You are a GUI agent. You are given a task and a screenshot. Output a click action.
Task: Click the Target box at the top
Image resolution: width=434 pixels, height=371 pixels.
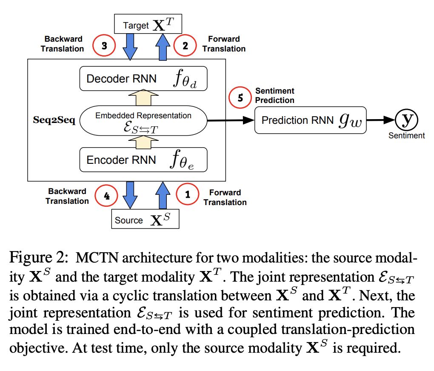(148, 24)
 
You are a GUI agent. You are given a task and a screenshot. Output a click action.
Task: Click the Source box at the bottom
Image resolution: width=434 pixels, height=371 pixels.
(146, 219)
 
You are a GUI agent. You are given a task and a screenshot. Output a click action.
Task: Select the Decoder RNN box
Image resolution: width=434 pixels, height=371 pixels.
(143, 78)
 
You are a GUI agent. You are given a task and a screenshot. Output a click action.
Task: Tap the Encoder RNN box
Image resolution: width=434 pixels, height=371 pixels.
(143, 160)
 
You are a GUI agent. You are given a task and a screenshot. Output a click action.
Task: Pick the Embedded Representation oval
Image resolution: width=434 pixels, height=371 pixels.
(143, 120)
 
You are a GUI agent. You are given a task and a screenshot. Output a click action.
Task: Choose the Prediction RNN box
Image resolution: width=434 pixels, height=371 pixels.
(310, 120)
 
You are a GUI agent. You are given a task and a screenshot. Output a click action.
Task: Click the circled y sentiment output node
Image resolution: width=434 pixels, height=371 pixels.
(406, 120)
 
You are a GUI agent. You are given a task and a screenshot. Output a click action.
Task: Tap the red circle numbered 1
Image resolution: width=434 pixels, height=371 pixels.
(188, 194)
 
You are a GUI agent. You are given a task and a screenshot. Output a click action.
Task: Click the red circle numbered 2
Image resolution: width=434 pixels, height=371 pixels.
(185, 46)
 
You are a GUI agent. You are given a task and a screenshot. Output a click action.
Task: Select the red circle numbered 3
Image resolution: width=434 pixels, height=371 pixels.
(104, 46)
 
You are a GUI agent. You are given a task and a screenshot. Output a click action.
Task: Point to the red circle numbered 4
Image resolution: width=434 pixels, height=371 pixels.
(106, 196)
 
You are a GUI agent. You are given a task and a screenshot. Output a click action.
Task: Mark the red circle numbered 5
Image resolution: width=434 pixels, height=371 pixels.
(240, 97)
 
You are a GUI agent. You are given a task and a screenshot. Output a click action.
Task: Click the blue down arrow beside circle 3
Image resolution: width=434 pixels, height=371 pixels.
(130, 47)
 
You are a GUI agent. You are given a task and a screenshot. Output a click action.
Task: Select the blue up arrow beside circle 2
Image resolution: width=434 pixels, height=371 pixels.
(163, 47)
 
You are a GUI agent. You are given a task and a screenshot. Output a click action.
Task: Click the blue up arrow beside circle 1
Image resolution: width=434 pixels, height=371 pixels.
(163, 195)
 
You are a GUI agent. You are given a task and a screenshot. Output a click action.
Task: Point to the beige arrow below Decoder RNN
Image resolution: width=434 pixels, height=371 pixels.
(143, 97)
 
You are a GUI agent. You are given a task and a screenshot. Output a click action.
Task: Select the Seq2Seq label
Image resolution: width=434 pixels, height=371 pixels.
(54, 120)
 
